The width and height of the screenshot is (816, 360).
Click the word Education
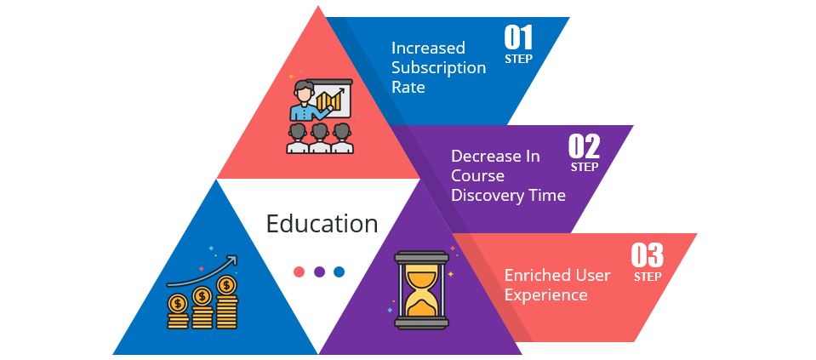[x=322, y=224]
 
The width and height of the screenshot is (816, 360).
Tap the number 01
[x=518, y=37]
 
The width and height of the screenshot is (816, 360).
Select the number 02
[x=584, y=147]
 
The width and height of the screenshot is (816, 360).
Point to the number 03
[x=647, y=255]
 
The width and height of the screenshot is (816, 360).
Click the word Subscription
[x=438, y=68]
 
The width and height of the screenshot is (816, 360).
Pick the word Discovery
[x=486, y=196]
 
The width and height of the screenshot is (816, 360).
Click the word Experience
[x=545, y=295]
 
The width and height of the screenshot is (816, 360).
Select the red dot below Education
[x=299, y=272]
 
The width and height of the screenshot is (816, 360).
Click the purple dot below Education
[x=319, y=272]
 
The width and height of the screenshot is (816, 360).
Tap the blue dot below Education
[x=339, y=272]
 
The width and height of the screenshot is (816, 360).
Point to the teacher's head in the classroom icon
[x=304, y=89]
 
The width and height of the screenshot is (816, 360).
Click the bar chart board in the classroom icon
[x=333, y=100]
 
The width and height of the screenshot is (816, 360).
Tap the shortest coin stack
[x=178, y=314]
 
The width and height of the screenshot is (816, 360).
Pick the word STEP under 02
[x=584, y=167]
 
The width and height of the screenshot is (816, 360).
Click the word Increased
[x=427, y=49]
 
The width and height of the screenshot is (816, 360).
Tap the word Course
[x=477, y=176]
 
